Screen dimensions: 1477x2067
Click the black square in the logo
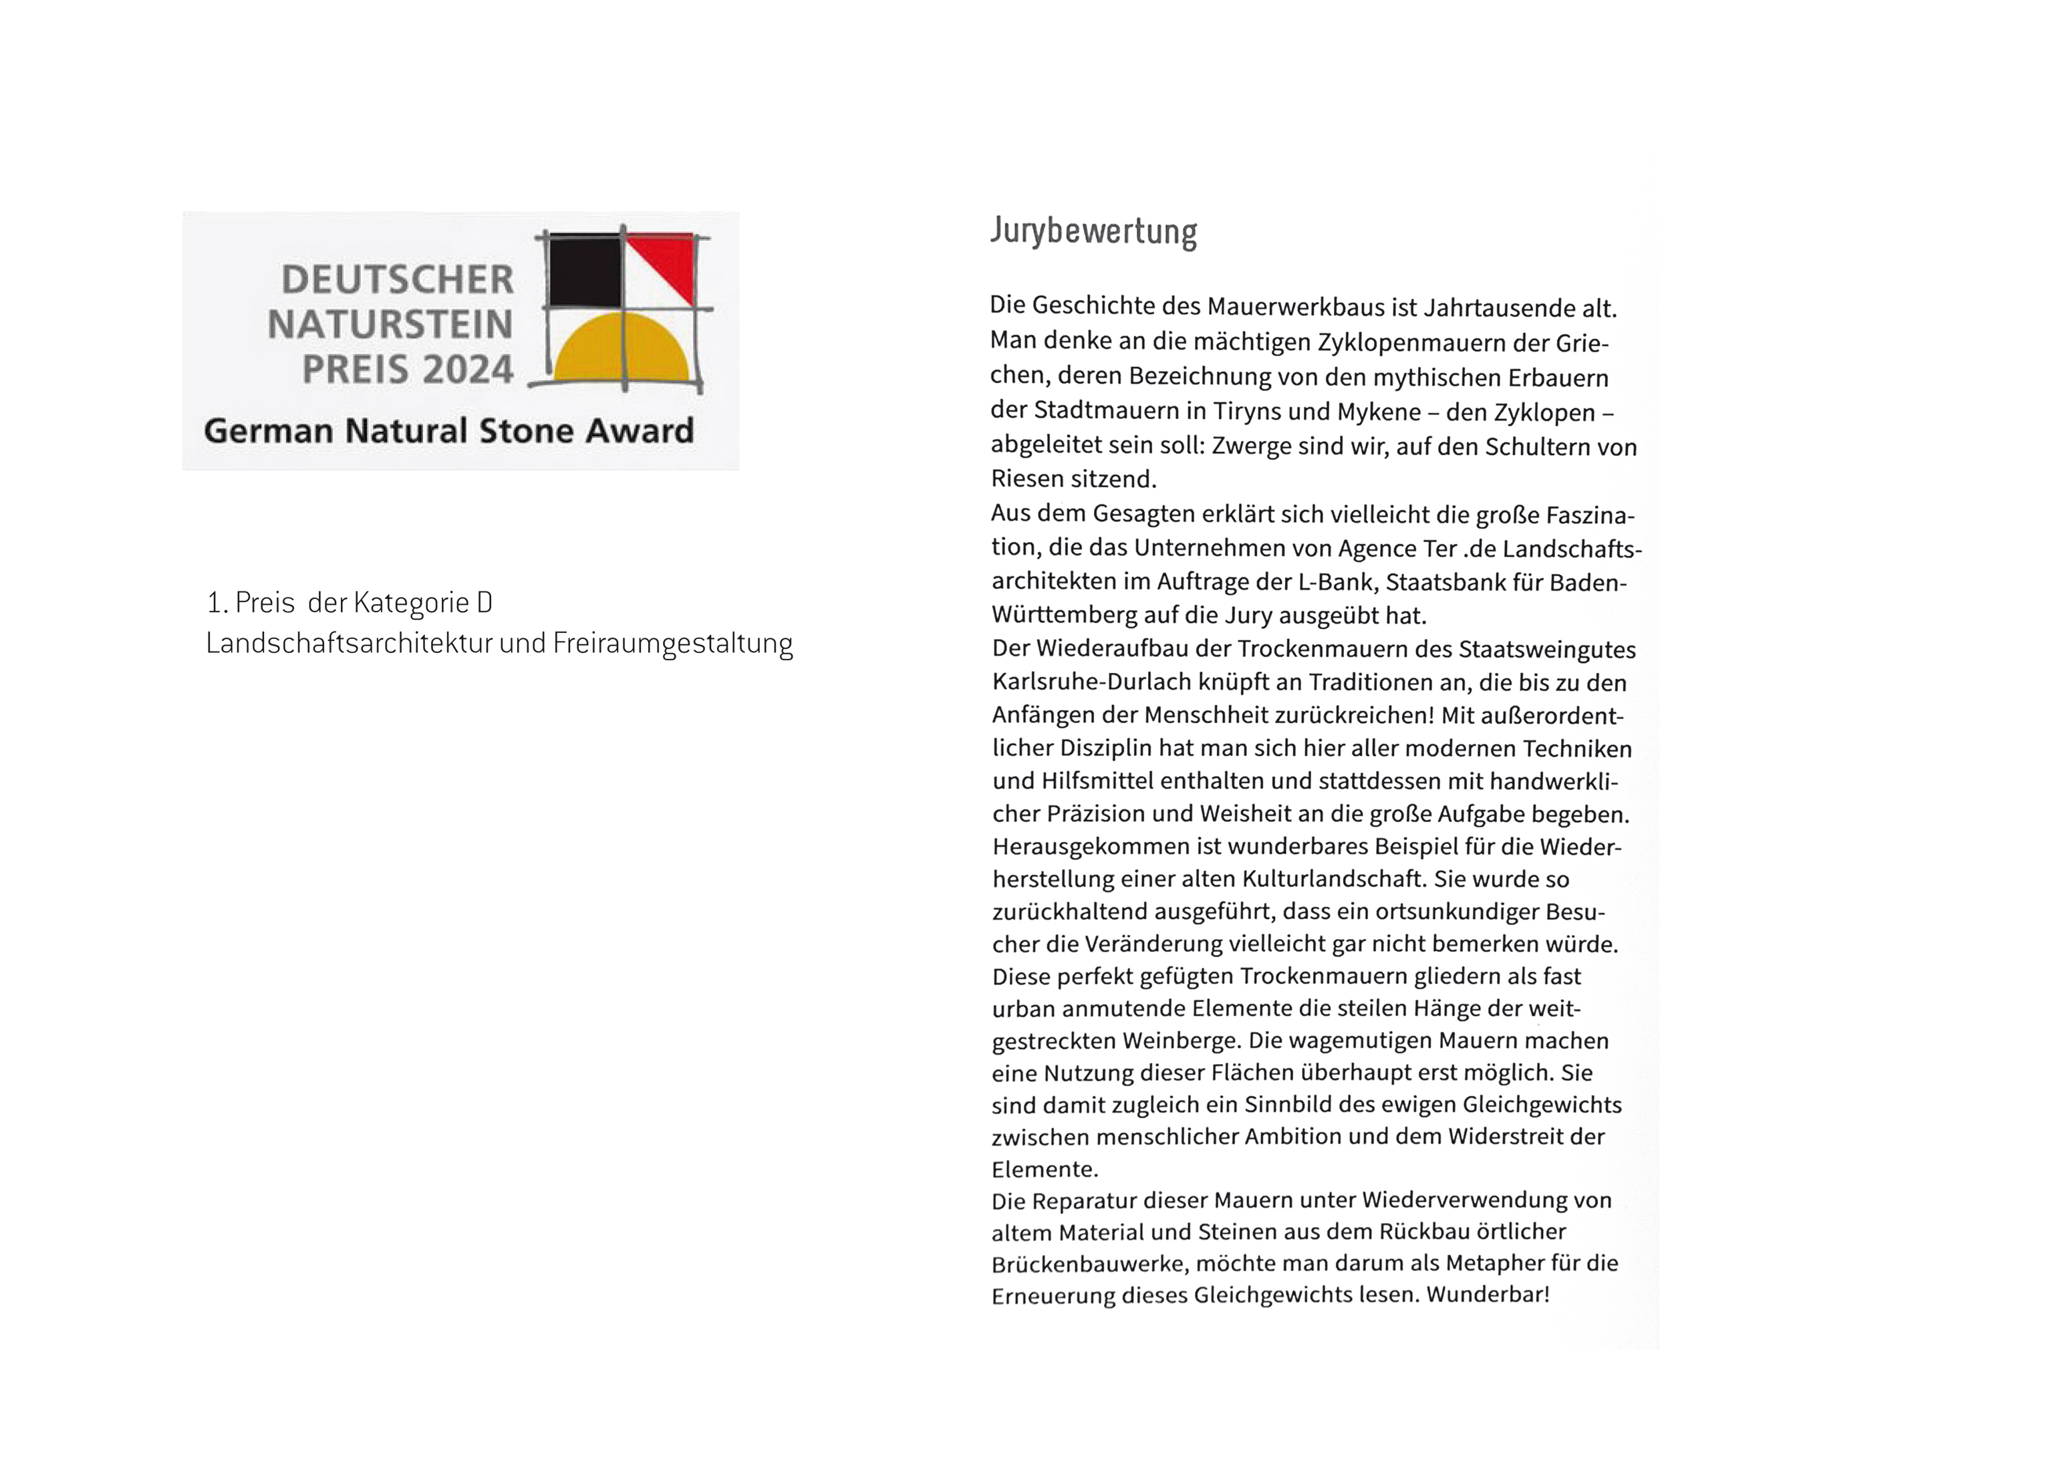coord(585,271)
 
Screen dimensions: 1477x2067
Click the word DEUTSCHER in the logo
coord(398,280)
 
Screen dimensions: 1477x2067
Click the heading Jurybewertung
coord(1093,231)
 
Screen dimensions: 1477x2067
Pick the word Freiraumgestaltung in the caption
coord(672,644)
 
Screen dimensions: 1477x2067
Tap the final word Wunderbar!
coord(1488,1294)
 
